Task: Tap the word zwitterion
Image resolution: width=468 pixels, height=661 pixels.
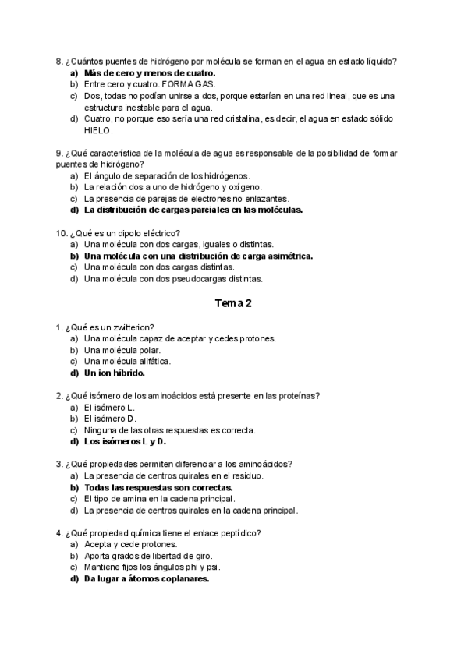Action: coord(128,327)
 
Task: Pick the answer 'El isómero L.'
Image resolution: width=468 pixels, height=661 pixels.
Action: coord(109,408)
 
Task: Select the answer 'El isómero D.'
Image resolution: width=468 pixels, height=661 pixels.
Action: coord(110,419)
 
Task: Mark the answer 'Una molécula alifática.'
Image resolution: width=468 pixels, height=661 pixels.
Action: coord(128,361)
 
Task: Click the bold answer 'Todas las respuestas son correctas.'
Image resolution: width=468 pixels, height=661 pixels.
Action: coord(158,487)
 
